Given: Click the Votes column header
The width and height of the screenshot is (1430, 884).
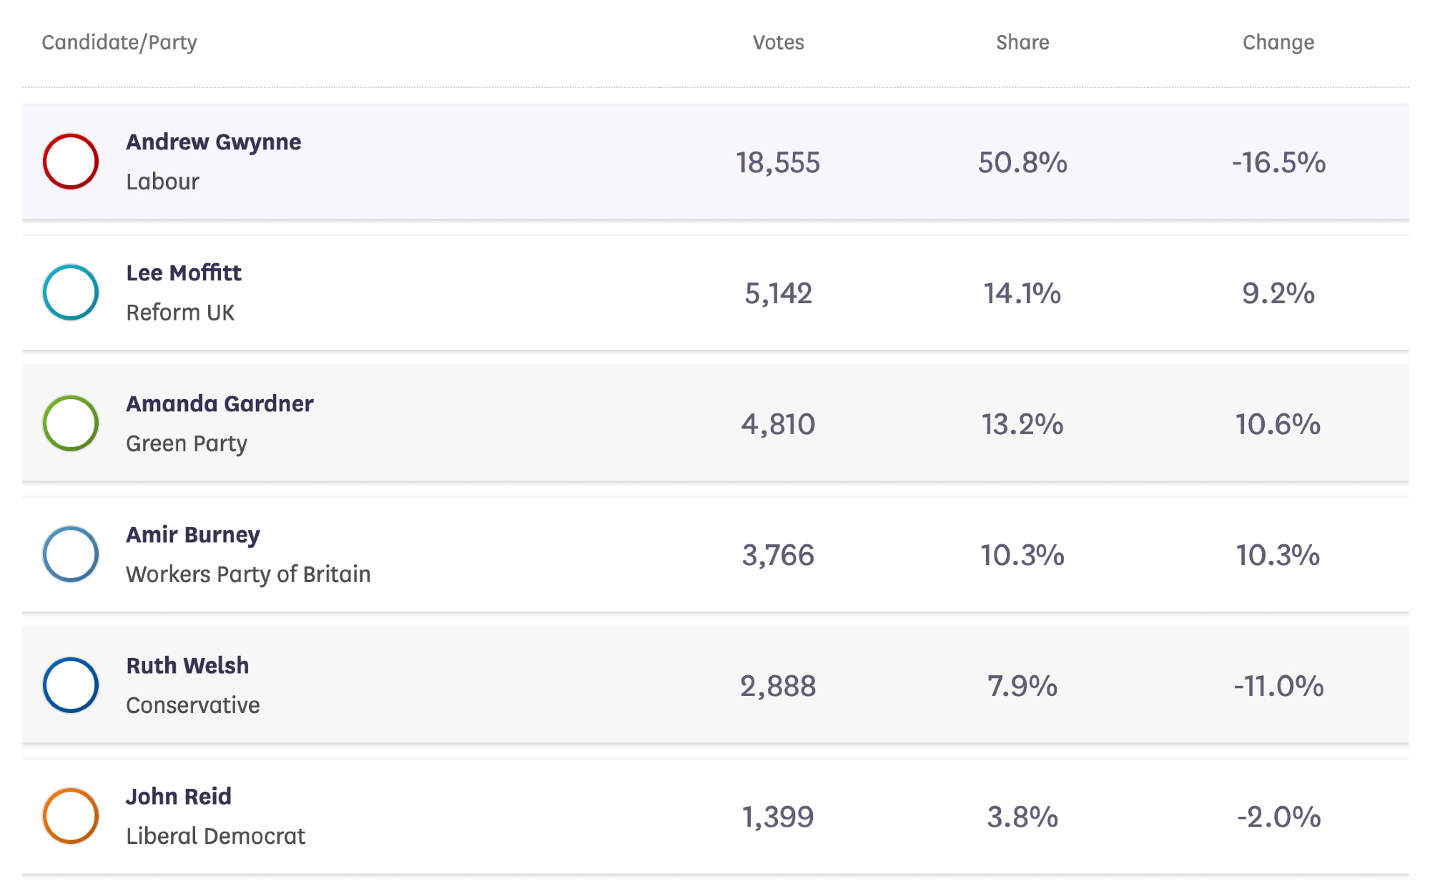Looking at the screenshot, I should [778, 43].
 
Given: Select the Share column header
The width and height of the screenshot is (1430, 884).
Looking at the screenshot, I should [1022, 43].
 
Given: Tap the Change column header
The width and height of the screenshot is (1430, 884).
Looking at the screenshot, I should [1278, 43].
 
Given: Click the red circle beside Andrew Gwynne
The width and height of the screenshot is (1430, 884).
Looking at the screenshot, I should [71, 162].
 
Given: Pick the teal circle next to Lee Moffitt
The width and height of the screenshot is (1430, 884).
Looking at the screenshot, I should [71, 293].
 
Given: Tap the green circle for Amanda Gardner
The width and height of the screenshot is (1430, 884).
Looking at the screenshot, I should [71, 423].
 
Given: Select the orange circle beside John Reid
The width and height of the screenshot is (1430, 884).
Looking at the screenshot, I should [71, 816].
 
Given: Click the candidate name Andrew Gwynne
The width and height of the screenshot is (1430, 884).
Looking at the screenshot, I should [213, 142].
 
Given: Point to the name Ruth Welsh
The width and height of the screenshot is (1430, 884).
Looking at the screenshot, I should [187, 666].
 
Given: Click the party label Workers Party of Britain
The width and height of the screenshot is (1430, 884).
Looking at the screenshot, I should [248, 574].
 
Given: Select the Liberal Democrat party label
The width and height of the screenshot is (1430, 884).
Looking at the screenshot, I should [215, 836].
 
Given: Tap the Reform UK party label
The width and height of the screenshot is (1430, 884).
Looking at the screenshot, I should [180, 313].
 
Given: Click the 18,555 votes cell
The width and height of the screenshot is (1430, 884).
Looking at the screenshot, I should [778, 163].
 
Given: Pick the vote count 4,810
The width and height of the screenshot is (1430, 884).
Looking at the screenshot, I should [778, 425].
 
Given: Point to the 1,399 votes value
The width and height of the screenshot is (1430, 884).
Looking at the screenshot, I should [778, 817].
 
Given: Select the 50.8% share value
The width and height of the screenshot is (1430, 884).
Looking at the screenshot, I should [1022, 163].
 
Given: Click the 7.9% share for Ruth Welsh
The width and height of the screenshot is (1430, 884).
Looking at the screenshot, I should [1022, 687].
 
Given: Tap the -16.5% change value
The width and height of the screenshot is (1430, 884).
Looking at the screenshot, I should [1278, 163].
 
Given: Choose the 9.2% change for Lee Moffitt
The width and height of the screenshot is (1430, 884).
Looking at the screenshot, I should [1278, 294].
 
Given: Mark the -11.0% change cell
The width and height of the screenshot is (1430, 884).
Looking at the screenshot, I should [1278, 687].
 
